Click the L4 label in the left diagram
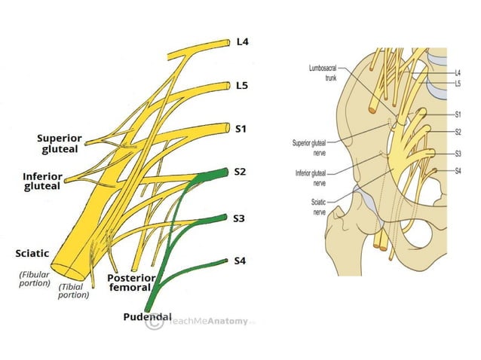pos(241,42)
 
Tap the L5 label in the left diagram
pos(241,85)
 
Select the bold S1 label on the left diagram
pos(240,129)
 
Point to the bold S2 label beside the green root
pos(240,172)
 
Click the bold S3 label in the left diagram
pos(240,218)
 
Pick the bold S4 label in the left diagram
pos(240,261)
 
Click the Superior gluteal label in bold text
pos(60,144)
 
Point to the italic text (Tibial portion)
pos(74,290)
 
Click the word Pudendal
pos(147,316)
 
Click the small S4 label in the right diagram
pos(458,171)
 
